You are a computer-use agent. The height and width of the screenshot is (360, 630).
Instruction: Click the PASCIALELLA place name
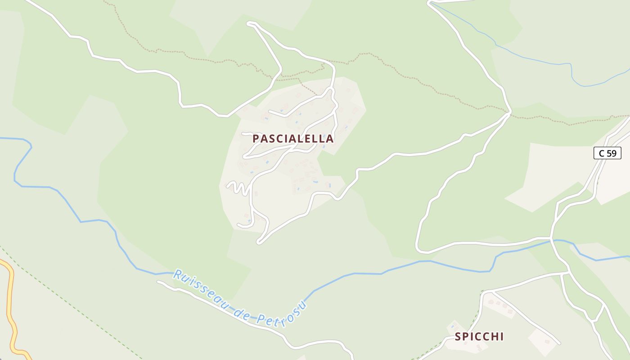pos(293,139)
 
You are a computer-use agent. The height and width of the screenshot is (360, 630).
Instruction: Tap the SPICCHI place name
pos(479,337)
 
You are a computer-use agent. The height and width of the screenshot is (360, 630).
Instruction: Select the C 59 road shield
pos(607,153)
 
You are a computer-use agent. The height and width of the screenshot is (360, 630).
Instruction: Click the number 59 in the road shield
pos(611,153)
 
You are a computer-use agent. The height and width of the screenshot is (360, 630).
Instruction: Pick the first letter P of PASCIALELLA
pos(256,139)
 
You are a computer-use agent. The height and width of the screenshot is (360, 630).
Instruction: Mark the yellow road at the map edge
pos(9,306)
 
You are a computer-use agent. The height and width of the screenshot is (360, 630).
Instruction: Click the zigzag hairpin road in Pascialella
pos(238,188)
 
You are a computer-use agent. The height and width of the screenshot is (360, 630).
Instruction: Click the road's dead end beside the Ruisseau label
pos(158,282)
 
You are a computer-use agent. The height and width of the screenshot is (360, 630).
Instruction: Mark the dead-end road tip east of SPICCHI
pos(559,343)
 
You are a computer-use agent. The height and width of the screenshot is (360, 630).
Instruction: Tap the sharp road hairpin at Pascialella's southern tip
pos(259,243)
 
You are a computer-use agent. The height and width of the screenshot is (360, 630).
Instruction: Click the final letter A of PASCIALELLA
pos(330,139)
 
